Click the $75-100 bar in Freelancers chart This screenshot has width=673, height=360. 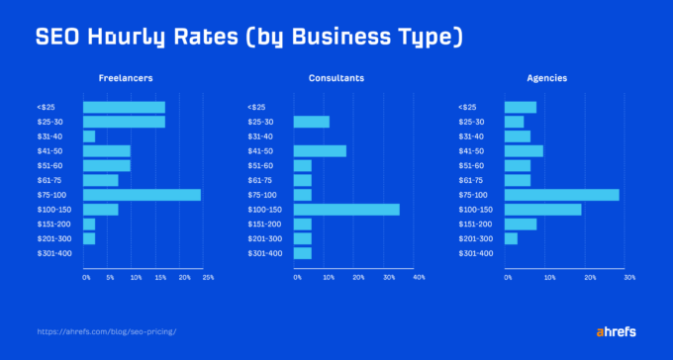click(x=142, y=195)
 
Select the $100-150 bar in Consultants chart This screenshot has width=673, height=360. click(x=346, y=210)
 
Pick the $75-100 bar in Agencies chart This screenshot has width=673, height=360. click(x=561, y=195)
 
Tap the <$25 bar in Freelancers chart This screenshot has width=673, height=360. click(x=124, y=107)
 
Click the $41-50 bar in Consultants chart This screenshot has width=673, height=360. click(x=320, y=151)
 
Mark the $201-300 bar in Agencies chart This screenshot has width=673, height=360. click(x=511, y=238)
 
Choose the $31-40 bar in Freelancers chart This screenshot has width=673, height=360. click(x=89, y=136)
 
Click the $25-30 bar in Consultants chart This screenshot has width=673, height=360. click(x=311, y=122)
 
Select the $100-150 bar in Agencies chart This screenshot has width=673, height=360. click(x=542, y=210)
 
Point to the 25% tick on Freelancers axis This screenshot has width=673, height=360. click(x=208, y=278)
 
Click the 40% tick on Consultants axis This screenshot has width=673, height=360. click(x=419, y=278)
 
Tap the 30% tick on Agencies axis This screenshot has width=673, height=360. click(x=629, y=278)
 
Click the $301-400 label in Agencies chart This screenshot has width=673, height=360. click(x=475, y=253)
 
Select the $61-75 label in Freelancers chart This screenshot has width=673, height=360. click(x=48, y=180)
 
